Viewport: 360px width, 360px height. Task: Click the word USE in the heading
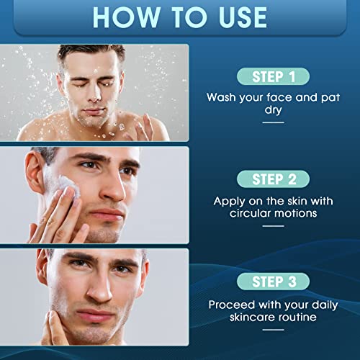coord(243,17)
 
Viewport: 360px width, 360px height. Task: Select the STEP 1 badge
coord(273,76)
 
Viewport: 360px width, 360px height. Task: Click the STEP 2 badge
coord(273,179)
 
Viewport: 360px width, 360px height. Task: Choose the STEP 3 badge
coord(273,282)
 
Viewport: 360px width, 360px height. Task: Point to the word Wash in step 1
coord(221,97)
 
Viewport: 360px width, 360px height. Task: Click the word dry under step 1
coord(273,110)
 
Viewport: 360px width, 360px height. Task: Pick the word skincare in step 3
coord(251,318)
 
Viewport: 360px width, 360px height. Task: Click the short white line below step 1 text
coord(273,122)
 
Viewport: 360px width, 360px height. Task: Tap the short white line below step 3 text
coord(273,330)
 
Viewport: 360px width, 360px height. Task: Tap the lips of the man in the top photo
coord(94,111)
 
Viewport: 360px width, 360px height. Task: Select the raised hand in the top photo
coord(143,127)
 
